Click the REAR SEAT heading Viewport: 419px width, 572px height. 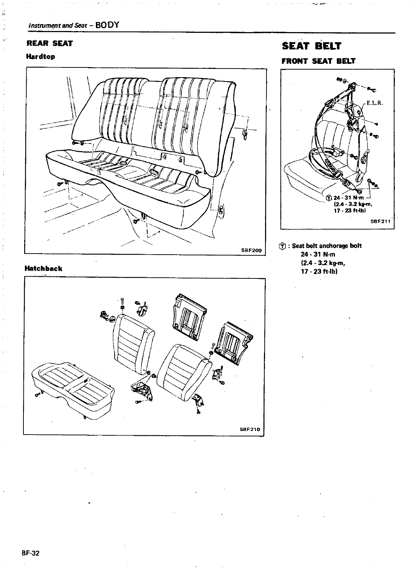pyautogui.click(x=50, y=44)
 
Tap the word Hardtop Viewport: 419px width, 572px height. pyautogui.click(x=40, y=57)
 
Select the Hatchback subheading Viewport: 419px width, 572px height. pyautogui.click(x=43, y=268)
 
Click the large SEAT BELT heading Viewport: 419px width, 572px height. pyautogui.click(x=311, y=46)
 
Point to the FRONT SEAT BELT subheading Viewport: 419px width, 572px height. pyautogui.click(x=318, y=61)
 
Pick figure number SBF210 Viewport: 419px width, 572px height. pyautogui.click(x=250, y=430)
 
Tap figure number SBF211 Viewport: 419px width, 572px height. pyautogui.click(x=380, y=221)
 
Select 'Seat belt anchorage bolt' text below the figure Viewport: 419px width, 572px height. pyautogui.click(x=327, y=246)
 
